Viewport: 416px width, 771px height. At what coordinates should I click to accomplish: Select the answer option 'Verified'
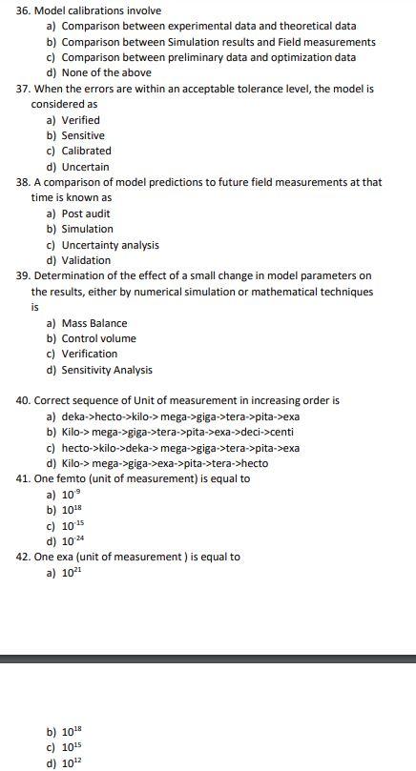pyautogui.click(x=80, y=120)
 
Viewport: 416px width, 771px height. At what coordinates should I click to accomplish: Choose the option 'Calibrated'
pyautogui.click(x=86, y=151)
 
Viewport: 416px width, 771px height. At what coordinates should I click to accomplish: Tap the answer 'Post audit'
pyautogui.click(x=86, y=213)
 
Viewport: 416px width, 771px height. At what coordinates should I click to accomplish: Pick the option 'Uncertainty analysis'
pyautogui.click(x=110, y=245)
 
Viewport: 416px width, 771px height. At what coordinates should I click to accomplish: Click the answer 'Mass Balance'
pyautogui.click(x=94, y=323)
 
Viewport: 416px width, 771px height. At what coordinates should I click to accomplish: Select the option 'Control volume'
pyautogui.click(x=98, y=338)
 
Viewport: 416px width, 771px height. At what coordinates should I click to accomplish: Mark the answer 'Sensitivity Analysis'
pyautogui.click(x=106, y=370)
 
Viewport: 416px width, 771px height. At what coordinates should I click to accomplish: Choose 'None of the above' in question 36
pyautogui.click(x=106, y=72)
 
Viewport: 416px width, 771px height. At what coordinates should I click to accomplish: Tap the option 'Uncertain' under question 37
pyautogui.click(x=85, y=167)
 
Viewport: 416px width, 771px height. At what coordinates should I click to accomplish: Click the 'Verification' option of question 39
pyautogui.click(x=90, y=354)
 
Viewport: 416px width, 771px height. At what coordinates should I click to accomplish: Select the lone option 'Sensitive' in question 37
pyautogui.click(x=83, y=135)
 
